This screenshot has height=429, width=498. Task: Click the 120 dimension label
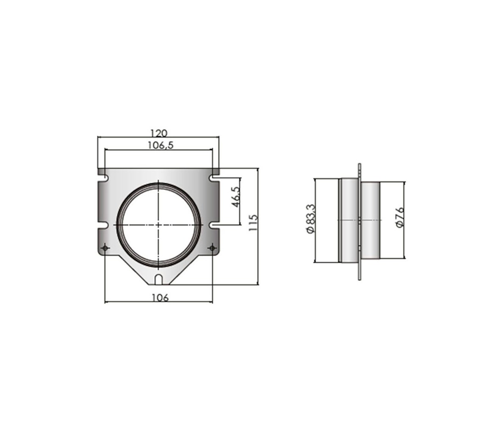(x=158, y=133)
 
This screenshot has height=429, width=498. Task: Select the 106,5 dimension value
(x=161, y=145)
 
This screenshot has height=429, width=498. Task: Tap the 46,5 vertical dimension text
(x=236, y=197)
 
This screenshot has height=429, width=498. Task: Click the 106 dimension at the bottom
(x=160, y=298)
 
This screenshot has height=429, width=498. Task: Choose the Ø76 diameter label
(x=400, y=217)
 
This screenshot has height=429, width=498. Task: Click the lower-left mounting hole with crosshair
(x=105, y=248)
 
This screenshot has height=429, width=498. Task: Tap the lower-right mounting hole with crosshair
(x=212, y=248)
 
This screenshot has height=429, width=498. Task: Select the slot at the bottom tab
(x=158, y=279)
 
